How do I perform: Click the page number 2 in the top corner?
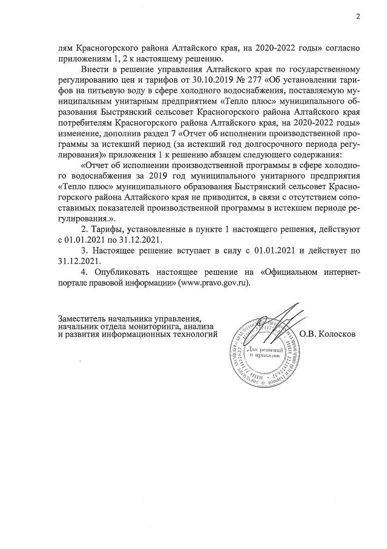pyautogui.click(x=358, y=16)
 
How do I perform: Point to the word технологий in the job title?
pyautogui.click(x=192, y=335)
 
